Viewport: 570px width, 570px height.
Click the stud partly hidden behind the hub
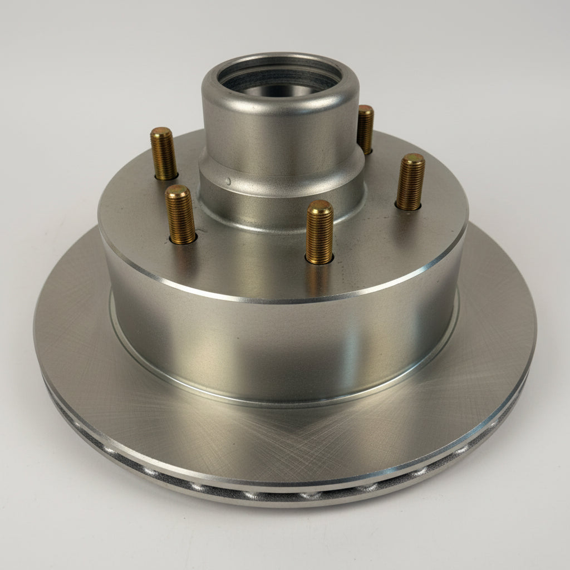click(x=365, y=129)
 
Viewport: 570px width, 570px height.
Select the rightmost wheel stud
click(x=410, y=183)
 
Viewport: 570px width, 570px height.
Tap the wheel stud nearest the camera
click(x=320, y=233)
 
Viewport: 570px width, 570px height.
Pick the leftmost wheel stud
click(x=164, y=154)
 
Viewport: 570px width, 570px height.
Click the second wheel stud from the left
click(x=180, y=215)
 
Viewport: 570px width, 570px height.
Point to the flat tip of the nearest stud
click(x=321, y=207)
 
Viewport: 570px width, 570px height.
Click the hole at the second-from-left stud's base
click(x=184, y=240)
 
